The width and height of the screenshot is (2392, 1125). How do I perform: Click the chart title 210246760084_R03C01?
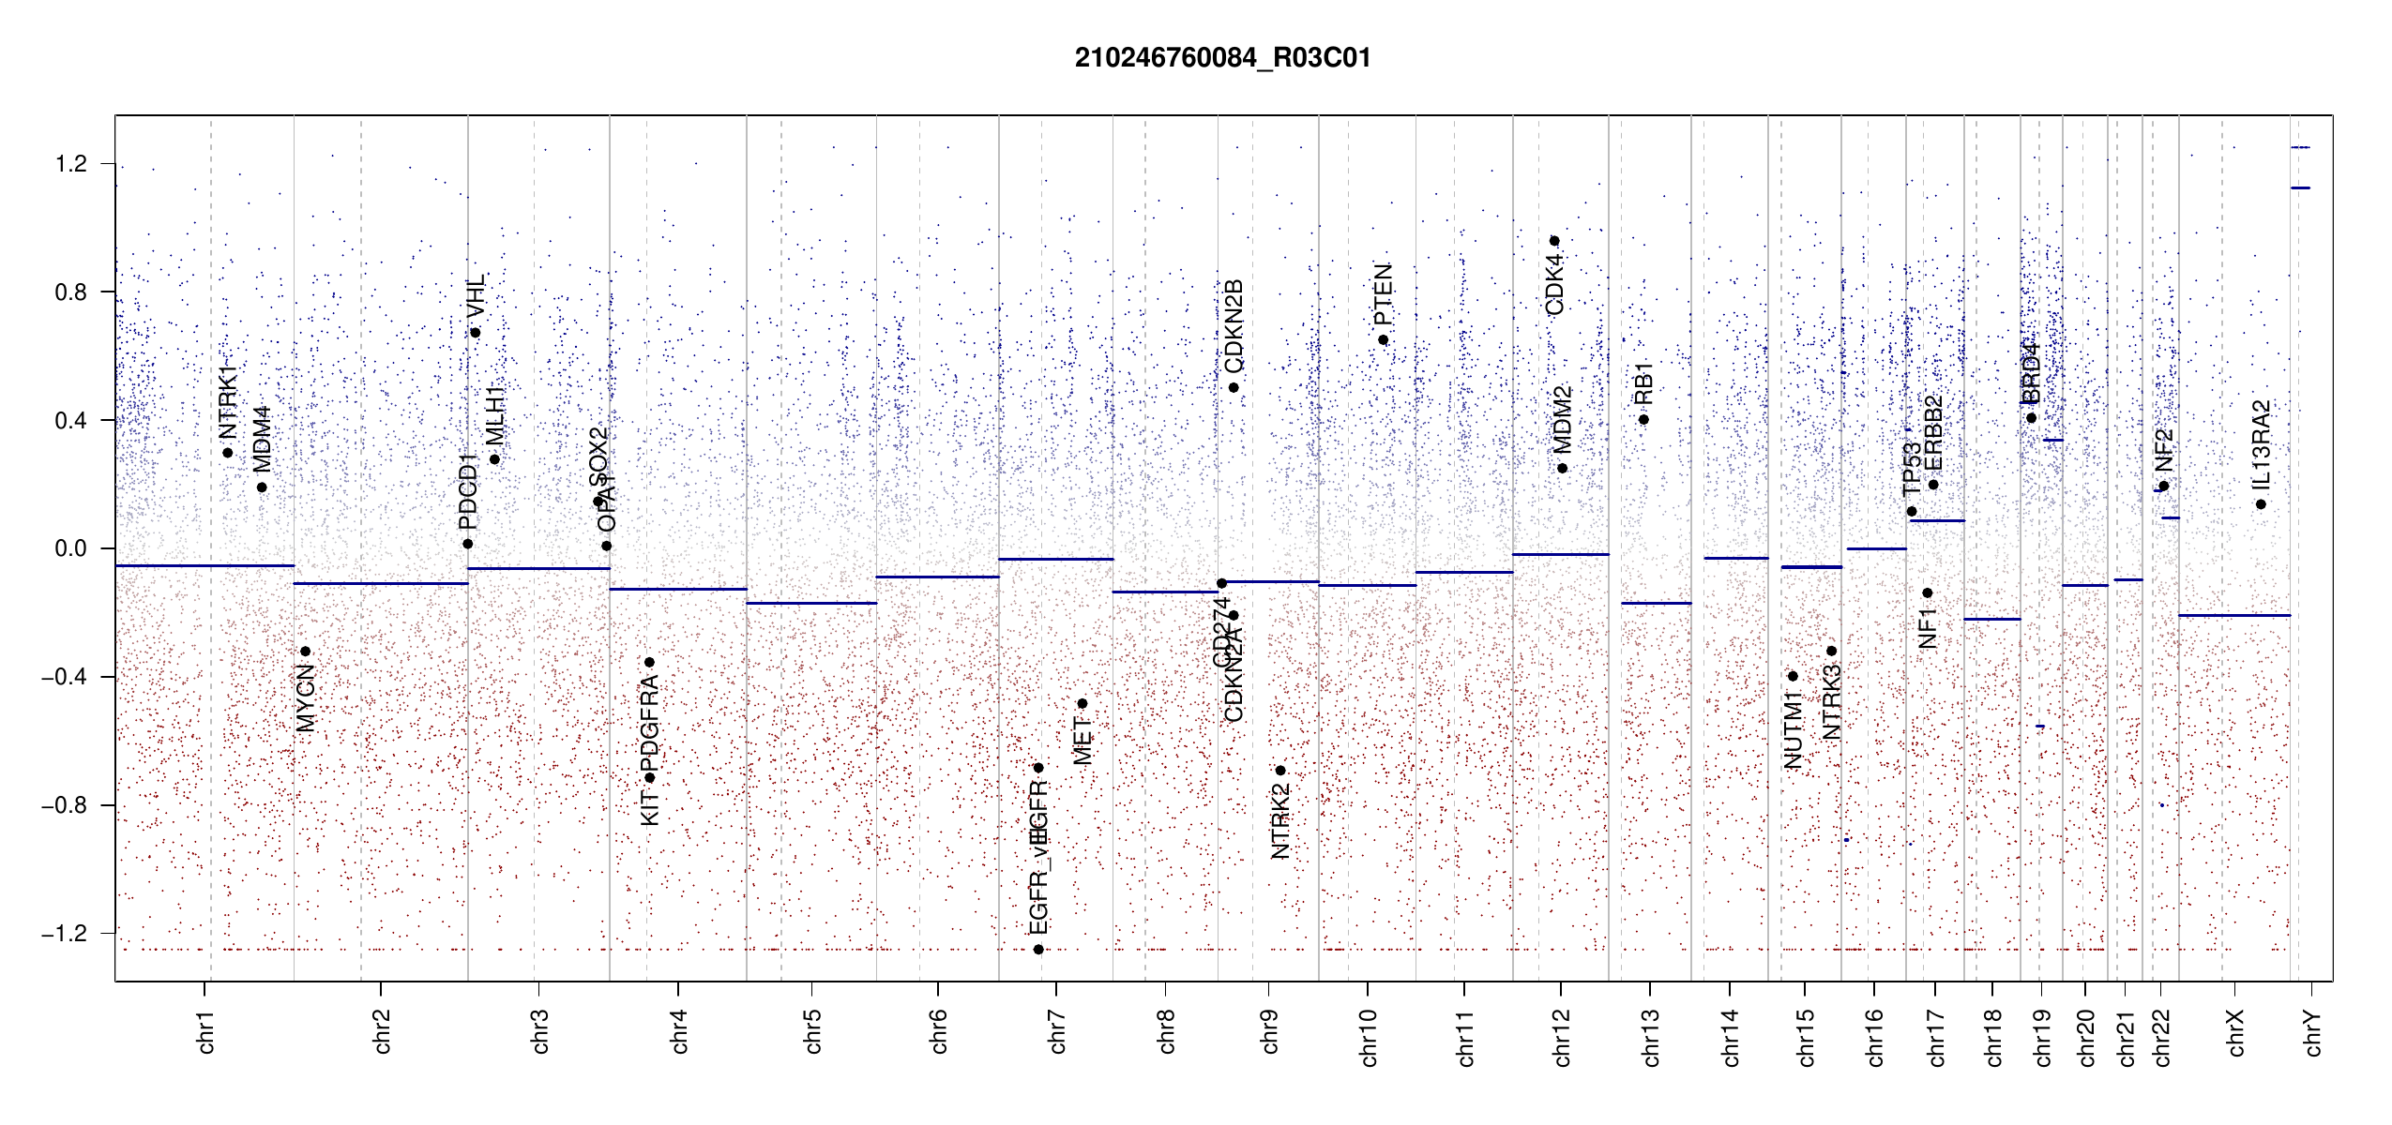tap(1222, 58)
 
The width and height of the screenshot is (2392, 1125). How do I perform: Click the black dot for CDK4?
tap(1554, 241)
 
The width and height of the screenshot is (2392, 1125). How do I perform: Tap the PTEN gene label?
tap(1383, 293)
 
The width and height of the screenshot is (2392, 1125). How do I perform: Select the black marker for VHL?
tap(476, 333)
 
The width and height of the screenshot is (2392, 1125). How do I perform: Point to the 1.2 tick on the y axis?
tap(71, 164)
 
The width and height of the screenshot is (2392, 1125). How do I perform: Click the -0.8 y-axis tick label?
tap(64, 805)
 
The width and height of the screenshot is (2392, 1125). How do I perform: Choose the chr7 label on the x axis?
tap(1057, 1031)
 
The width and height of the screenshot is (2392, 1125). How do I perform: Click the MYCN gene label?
tap(306, 697)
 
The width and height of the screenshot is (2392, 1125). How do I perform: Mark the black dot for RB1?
tap(1643, 419)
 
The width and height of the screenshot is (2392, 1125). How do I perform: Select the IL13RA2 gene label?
tap(2262, 444)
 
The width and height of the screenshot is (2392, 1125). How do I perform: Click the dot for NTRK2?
tap(1280, 771)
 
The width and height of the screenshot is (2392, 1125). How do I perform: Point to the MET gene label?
tap(1082, 741)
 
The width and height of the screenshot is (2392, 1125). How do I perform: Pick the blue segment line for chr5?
tap(811, 603)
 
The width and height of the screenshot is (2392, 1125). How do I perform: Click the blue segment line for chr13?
tap(1656, 603)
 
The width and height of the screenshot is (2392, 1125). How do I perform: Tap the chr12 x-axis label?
tap(1562, 1037)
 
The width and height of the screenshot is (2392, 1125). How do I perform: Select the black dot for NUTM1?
tap(1793, 676)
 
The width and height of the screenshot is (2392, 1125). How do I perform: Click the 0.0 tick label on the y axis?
tap(71, 548)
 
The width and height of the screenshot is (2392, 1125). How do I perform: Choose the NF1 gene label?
tap(1928, 627)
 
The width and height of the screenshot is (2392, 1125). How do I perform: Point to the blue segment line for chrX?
tap(2233, 615)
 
